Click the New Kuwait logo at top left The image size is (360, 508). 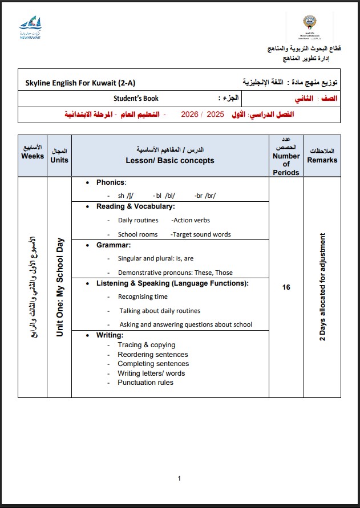(30, 28)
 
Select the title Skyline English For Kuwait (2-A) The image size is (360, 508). (80, 82)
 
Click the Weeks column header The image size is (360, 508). (33, 152)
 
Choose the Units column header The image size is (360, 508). (59, 156)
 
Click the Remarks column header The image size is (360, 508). (322, 156)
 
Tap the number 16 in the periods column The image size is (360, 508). (286, 287)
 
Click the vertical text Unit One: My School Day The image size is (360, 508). (59, 287)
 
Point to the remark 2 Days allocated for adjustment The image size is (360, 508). (322, 287)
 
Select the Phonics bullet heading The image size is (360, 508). (111, 182)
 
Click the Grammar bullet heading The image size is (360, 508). (114, 245)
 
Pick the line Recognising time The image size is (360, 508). (143, 296)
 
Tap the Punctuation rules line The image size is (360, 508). (145, 383)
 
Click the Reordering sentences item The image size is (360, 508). (152, 355)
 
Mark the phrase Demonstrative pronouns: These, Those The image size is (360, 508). (175, 273)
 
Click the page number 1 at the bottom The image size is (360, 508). (179, 478)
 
